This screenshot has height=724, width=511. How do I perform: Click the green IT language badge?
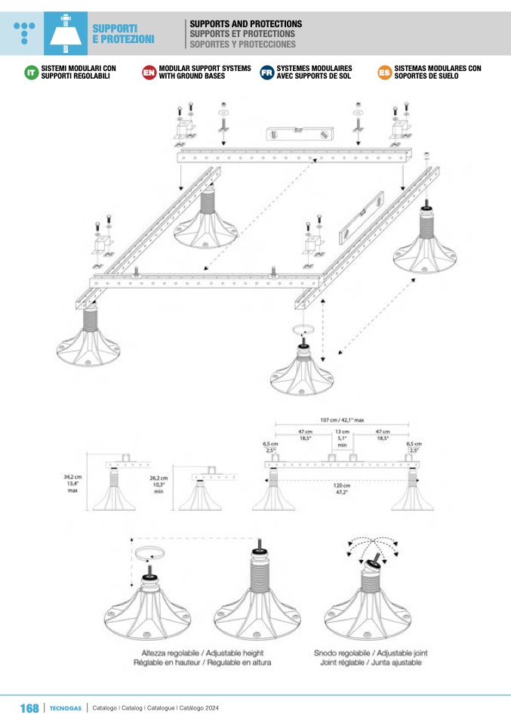pos(32,73)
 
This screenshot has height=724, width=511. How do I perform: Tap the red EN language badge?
pos(149,73)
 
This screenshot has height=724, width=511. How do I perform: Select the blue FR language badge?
pos(267,73)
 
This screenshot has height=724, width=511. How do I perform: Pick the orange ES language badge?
pos(385,73)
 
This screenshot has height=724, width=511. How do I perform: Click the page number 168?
pos(29,708)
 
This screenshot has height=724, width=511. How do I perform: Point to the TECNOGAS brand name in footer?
pos(66,708)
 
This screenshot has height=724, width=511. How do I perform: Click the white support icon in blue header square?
pos(66,34)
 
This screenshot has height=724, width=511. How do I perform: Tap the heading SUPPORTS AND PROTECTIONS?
pos(246,23)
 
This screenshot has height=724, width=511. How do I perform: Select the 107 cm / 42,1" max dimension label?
pos(342,420)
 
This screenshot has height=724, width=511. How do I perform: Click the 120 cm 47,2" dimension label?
pos(342,489)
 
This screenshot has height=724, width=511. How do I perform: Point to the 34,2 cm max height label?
pos(72,484)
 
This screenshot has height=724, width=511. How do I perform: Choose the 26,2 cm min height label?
pos(159,485)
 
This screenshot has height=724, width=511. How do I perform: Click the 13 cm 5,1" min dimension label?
pos(342,438)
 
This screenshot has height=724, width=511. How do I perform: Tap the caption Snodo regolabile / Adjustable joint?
pos(371,653)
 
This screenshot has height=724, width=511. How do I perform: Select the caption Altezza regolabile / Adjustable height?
pos(202,653)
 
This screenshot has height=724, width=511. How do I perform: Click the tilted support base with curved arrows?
pos(368,600)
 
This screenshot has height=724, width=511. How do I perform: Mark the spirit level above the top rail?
pos(300,134)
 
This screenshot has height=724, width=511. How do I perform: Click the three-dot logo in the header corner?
pos(24,32)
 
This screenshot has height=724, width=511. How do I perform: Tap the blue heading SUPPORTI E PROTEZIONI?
pos(123,34)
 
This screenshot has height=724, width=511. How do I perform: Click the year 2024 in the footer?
pos(212,708)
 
